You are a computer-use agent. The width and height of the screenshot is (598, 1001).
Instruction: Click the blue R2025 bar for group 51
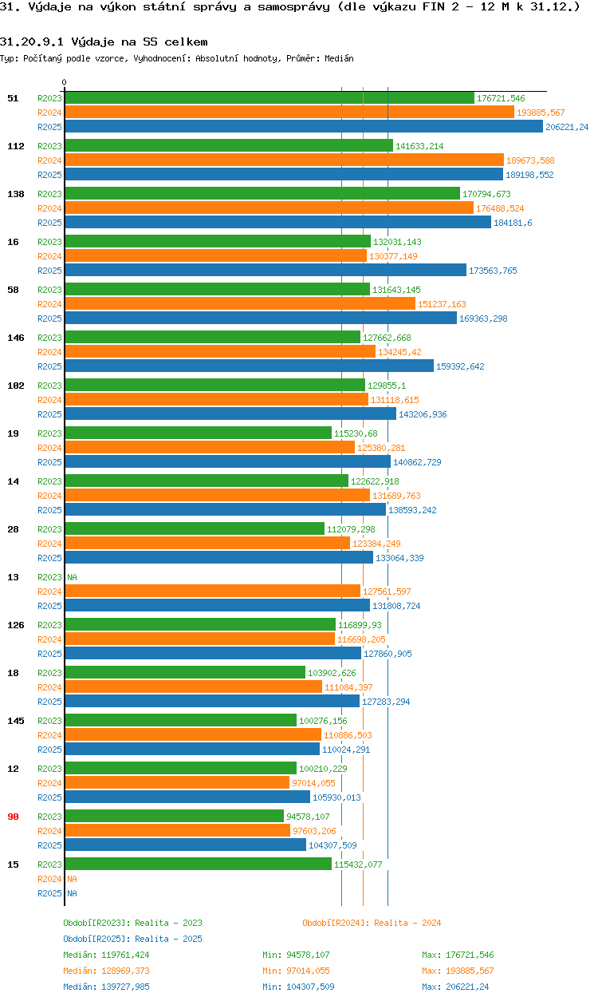303,127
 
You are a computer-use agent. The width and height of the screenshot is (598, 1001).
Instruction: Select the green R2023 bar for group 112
229,146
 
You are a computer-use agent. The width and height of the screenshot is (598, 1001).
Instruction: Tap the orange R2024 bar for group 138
269,208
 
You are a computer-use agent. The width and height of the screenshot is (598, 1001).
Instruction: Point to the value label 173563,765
493,271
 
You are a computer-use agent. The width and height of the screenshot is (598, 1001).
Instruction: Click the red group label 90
13,817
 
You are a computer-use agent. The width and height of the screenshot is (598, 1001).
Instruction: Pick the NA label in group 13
72,577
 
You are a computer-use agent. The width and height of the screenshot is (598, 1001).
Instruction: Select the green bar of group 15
198,864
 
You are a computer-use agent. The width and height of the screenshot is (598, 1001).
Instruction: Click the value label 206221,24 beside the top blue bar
567,127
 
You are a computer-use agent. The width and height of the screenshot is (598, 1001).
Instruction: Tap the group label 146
15,338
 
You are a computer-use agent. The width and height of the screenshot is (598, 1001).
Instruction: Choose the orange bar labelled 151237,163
239,304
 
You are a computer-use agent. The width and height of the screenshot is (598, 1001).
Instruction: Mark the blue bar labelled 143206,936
230,414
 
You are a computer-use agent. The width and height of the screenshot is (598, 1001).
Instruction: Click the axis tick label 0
65,82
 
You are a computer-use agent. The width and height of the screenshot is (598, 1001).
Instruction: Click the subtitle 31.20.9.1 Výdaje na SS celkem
104,42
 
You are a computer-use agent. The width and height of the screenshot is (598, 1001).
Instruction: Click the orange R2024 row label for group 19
49,448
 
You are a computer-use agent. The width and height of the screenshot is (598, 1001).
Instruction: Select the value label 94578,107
308,817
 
